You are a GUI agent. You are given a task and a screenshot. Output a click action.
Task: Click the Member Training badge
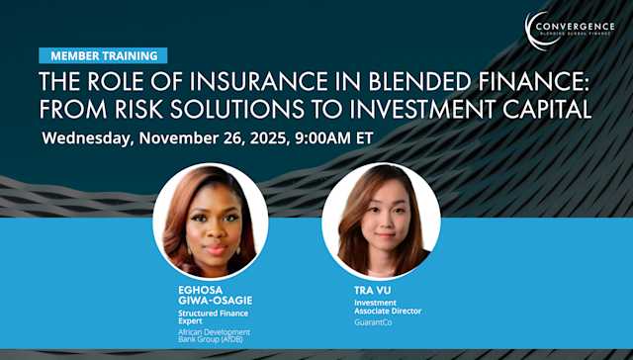103,55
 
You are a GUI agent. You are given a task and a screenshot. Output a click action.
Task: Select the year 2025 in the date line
263,137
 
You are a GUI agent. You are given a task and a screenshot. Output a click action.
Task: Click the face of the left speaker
211,216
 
